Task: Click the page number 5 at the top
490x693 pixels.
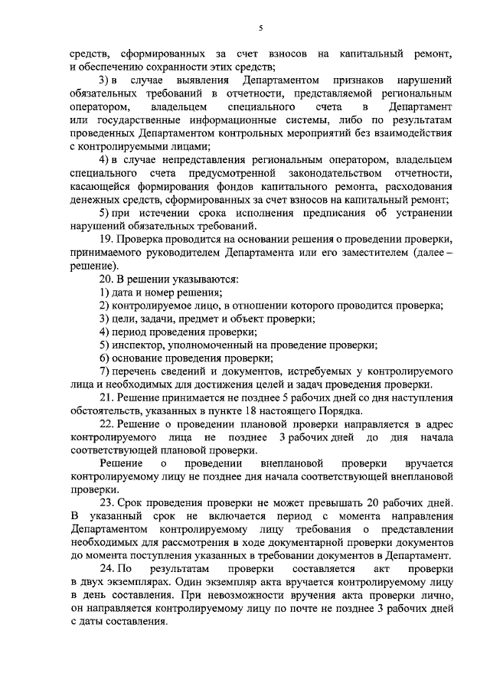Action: click(x=260, y=28)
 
